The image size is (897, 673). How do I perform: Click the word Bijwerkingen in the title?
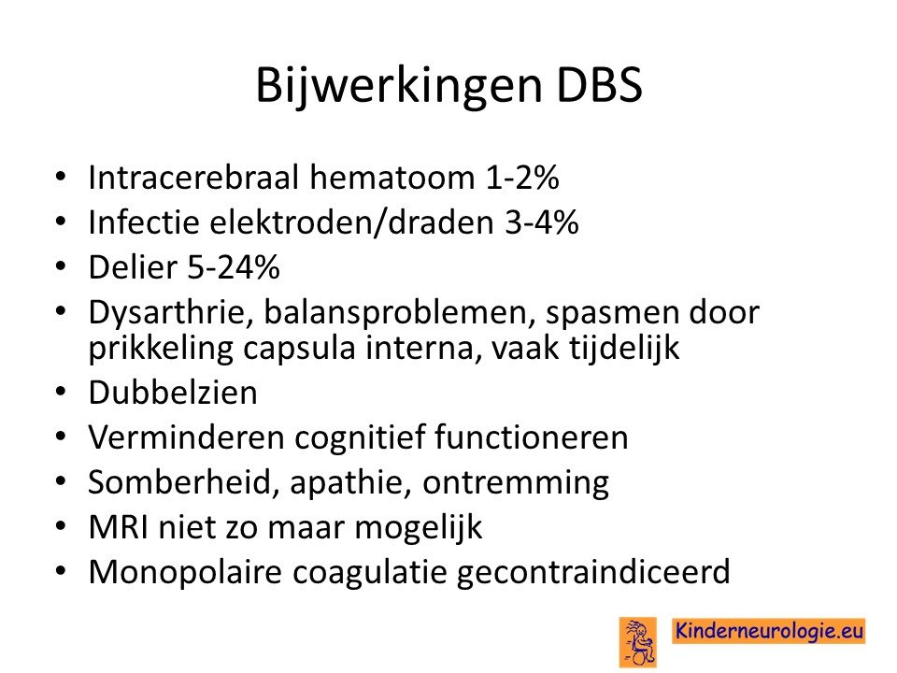click(x=399, y=87)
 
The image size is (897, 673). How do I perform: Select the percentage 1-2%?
click(x=522, y=177)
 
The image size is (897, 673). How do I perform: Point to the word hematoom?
click(x=392, y=177)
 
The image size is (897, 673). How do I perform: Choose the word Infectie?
click(x=144, y=222)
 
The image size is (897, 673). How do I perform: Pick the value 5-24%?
click(x=234, y=266)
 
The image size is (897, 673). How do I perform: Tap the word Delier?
click(x=133, y=266)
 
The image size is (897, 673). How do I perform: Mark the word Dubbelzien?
click(x=174, y=393)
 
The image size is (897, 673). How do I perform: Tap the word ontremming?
click(x=516, y=483)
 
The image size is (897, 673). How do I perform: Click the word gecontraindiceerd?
click(x=593, y=572)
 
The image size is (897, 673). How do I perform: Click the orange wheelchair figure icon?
click(x=638, y=641)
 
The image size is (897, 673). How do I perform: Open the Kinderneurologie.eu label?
click(x=768, y=631)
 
